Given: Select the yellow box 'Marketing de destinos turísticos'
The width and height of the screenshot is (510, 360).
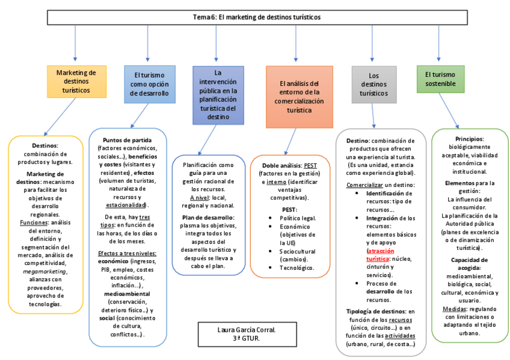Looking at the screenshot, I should pyautogui.click(x=76, y=81).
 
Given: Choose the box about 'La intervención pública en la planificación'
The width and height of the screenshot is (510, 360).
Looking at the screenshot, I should pyautogui.click(x=218, y=94).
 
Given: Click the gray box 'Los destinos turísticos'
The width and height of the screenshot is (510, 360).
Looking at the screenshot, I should pyautogui.click(x=374, y=85).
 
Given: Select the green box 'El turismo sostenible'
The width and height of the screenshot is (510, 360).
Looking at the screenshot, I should pyautogui.click(x=440, y=79).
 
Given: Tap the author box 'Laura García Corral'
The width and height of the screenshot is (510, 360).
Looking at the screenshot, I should pyautogui.click(x=238, y=334).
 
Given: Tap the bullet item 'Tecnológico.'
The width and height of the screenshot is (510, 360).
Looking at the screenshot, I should pyautogui.click(x=296, y=267).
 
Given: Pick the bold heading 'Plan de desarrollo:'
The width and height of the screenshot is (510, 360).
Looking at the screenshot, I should pyautogui.click(x=208, y=217).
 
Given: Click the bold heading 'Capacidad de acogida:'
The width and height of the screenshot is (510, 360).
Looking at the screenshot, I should pyautogui.click(x=470, y=263).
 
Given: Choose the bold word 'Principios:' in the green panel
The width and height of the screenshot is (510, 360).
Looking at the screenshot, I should pyautogui.click(x=470, y=139).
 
